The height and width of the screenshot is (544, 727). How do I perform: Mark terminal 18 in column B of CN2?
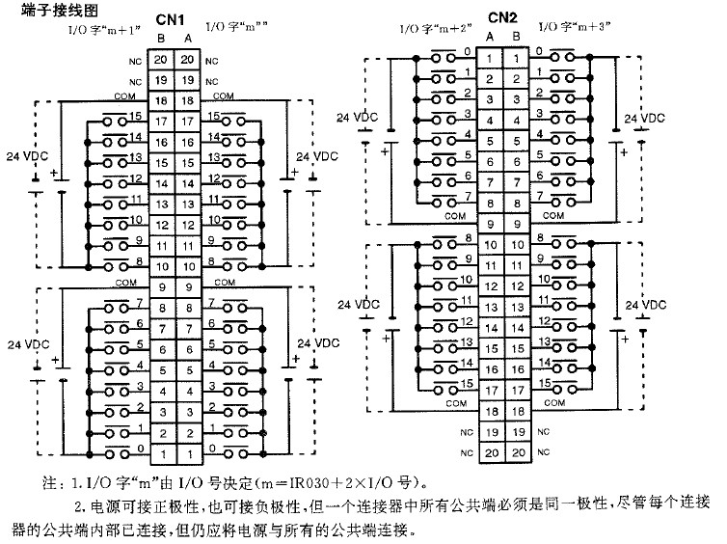(x=517, y=412)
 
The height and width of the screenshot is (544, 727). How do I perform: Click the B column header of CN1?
(x=160, y=38)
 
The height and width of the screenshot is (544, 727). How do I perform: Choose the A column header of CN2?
(x=490, y=37)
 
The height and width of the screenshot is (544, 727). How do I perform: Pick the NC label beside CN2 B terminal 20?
(x=541, y=453)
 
